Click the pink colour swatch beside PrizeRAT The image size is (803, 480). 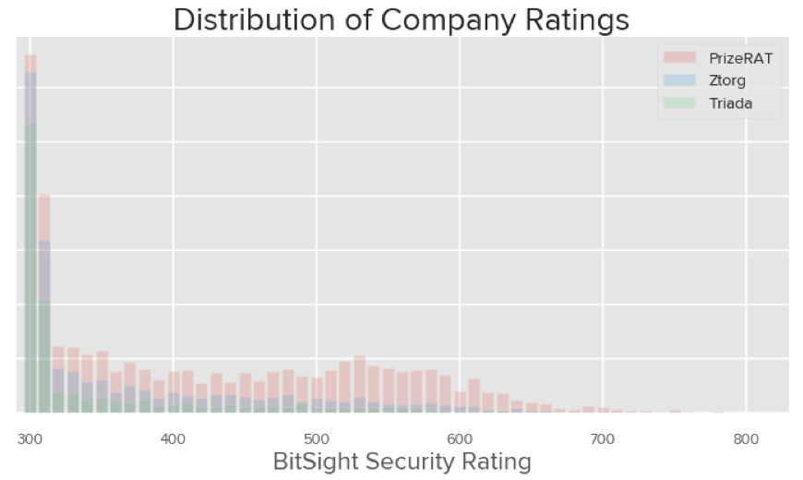tap(678, 59)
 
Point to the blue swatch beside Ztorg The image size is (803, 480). tap(678, 81)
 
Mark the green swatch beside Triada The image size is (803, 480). tap(678, 103)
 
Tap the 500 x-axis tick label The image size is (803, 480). tap(316, 438)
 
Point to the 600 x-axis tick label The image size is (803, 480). tap(459, 438)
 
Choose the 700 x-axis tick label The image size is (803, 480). tap(602, 438)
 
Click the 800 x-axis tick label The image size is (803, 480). tap(746, 438)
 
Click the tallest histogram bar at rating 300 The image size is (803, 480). tap(30, 231)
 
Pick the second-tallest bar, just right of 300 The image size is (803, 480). tap(44, 305)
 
